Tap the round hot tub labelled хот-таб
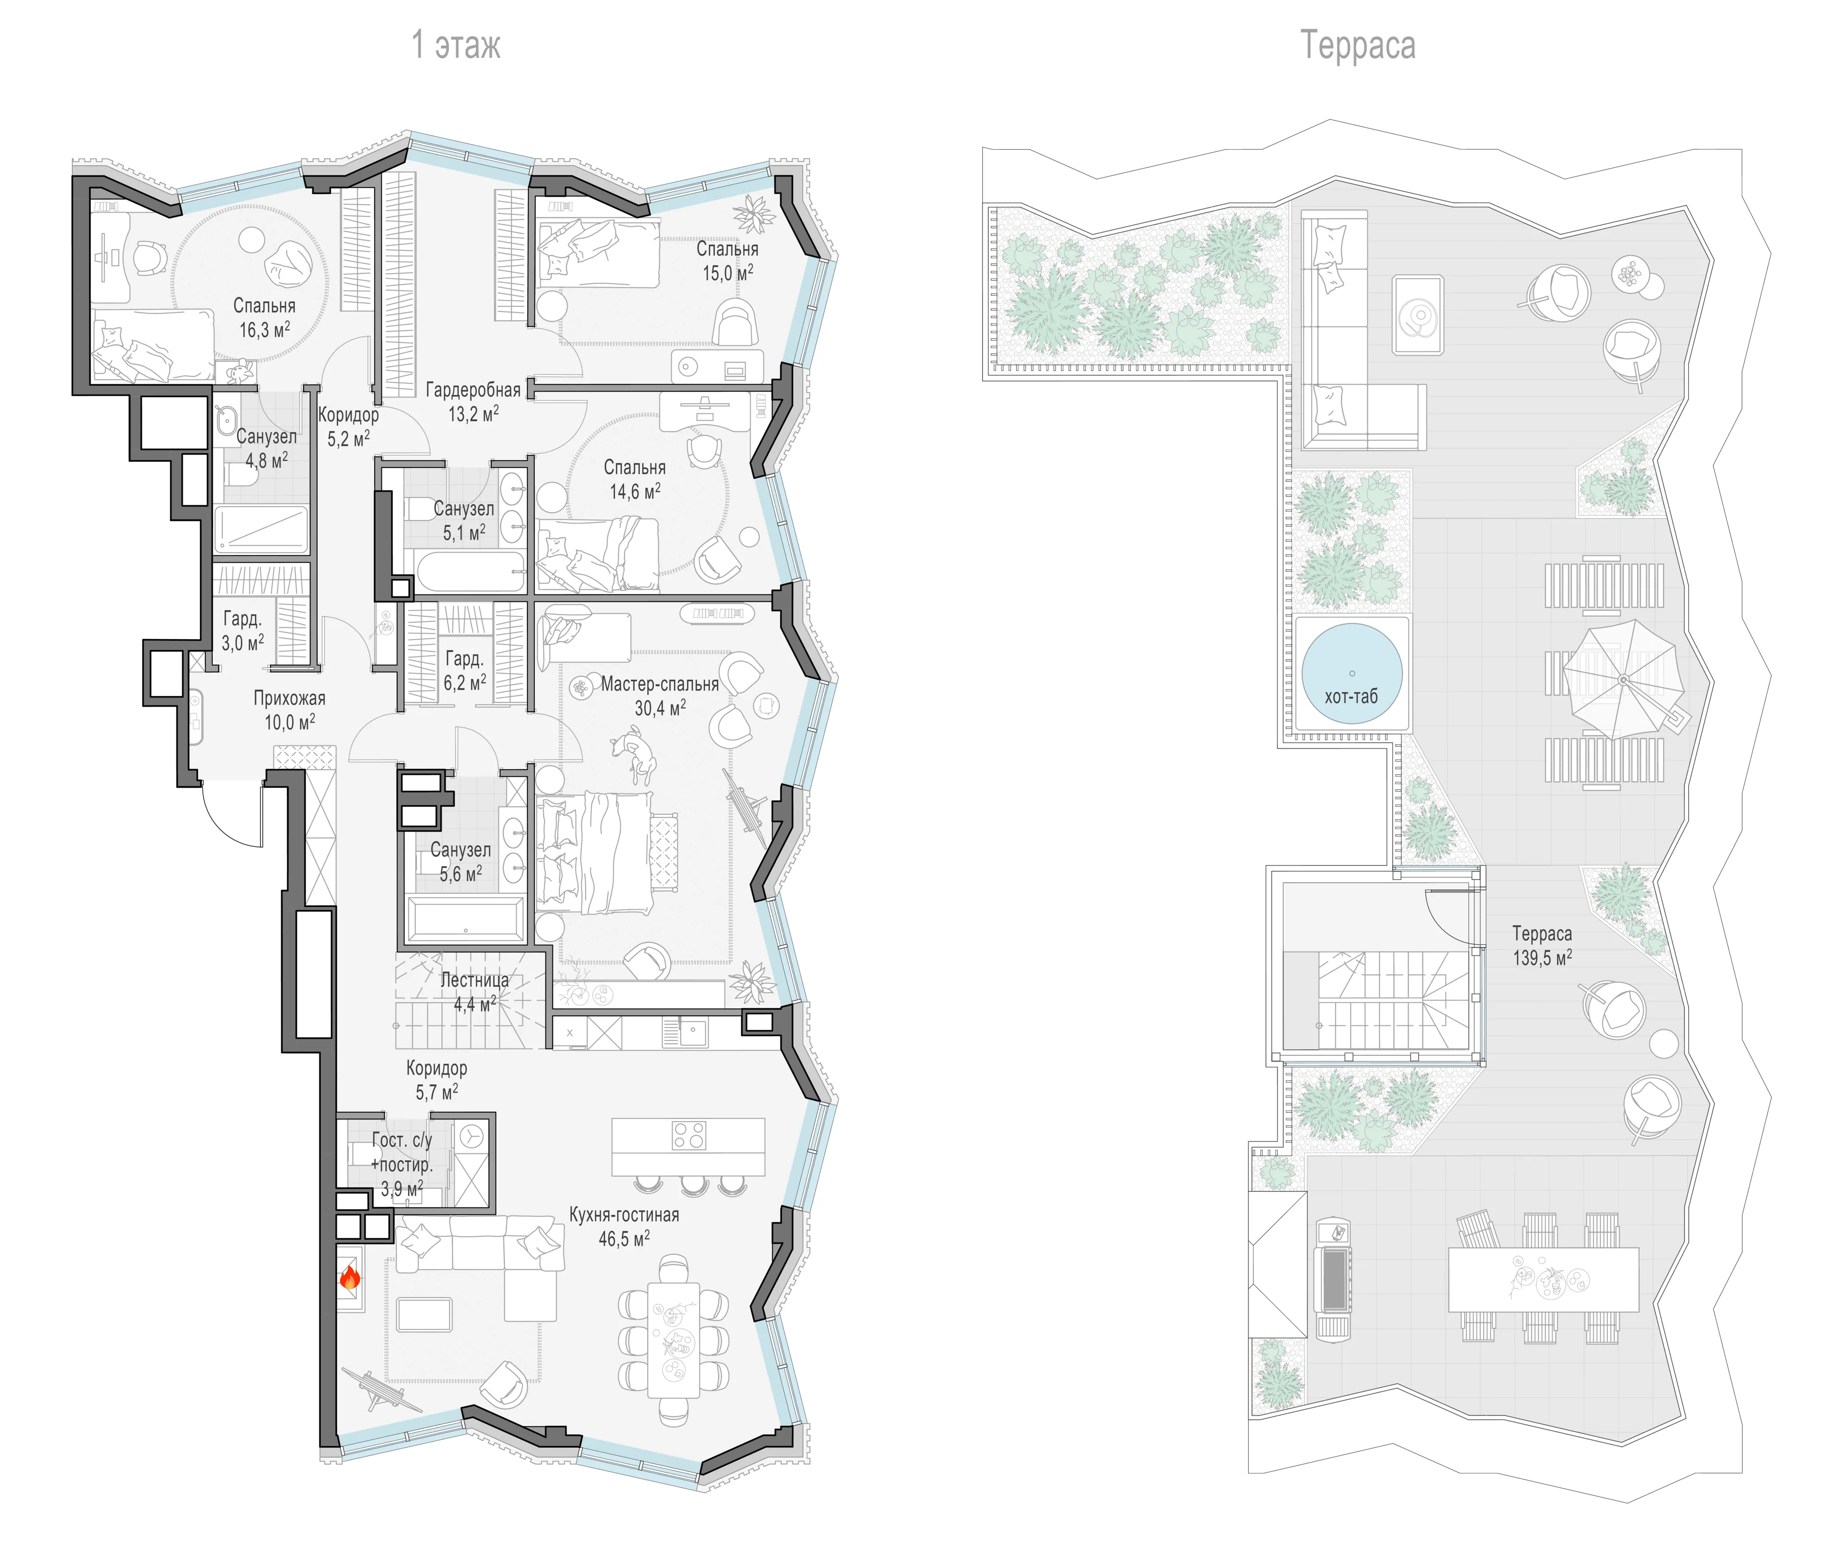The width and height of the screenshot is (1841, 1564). [1351, 674]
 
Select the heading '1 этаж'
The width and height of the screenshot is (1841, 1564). [456, 44]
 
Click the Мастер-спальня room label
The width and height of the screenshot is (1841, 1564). [660, 684]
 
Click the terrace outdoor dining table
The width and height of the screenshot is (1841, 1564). [1543, 1279]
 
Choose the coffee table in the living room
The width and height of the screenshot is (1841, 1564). [424, 1315]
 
